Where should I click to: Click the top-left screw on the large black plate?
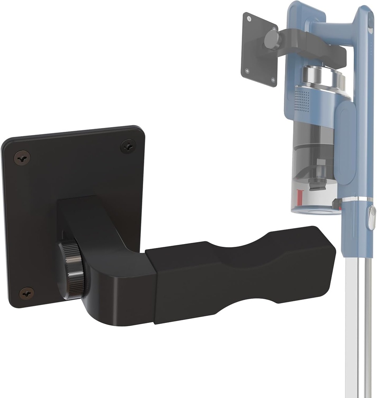click(22, 157)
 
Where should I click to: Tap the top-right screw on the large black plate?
click(128, 146)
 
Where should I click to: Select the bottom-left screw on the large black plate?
click(26, 293)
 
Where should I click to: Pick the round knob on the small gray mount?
click(272, 40)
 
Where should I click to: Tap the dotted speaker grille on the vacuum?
click(302, 99)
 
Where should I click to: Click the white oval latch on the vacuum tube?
click(372, 218)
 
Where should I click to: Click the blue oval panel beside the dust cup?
click(345, 140)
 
